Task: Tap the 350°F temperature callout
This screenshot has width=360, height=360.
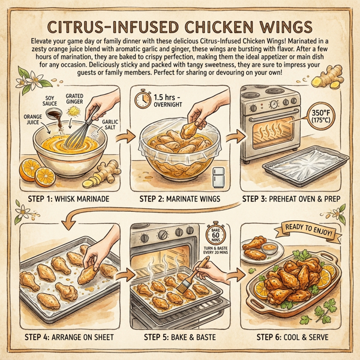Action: point(333,118)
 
